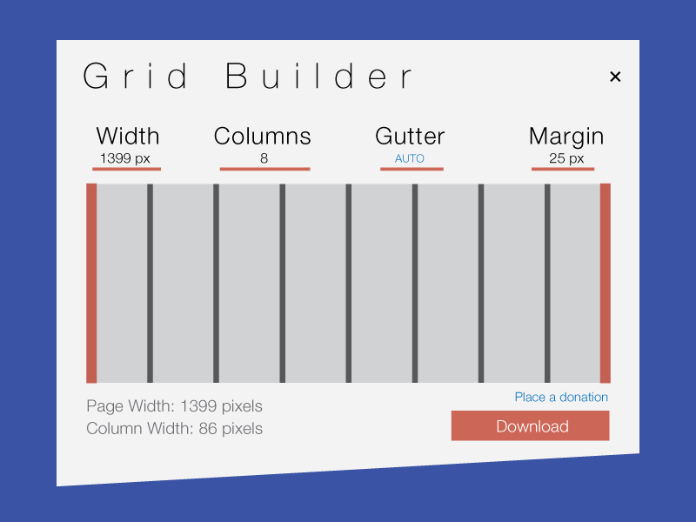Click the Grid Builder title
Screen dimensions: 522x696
click(x=248, y=77)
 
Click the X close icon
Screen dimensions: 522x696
click(x=615, y=77)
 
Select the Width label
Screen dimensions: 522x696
click(x=128, y=136)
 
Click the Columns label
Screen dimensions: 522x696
click(x=262, y=136)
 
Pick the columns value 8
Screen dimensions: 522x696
click(x=264, y=158)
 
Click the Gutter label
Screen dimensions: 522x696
click(x=410, y=136)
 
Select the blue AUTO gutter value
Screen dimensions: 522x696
click(x=410, y=158)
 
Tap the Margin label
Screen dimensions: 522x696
click(x=566, y=136)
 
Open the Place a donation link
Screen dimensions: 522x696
click(x=561, y=397)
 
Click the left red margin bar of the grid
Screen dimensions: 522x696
click(x=91, y=283)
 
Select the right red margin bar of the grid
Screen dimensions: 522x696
click(x=605, y=283)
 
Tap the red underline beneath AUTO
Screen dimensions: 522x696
click(x=412, y=169)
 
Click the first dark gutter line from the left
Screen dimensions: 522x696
click(x=150, y=283)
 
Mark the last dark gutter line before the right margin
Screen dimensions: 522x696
click(x=547, y=283)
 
